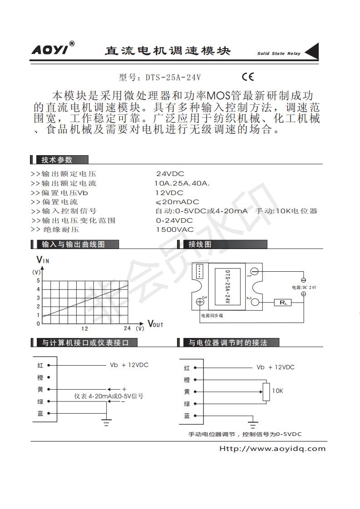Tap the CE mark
tap(248, 77)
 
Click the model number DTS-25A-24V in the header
tap(173, 78)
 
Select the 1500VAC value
tap(174, 230)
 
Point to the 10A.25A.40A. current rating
tap(182, 183)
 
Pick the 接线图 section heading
tap(200, 244)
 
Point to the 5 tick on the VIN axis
tap(38, 280)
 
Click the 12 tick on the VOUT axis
tap(84, 328)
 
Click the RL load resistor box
tap(283, 303)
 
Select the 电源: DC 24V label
tap(304, 287)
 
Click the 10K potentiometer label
tap(277, 390)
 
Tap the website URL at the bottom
tap(272, 449)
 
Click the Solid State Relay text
tap(279, 54)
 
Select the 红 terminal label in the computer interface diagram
tap(40, 365)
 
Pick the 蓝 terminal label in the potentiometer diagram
tap(187, 416)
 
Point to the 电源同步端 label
tap(212, 315)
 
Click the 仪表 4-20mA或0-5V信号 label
tap(109, 396)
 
